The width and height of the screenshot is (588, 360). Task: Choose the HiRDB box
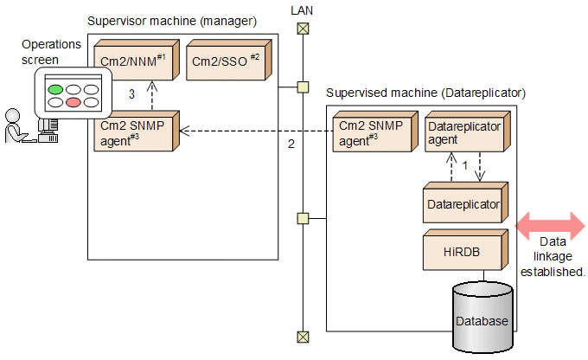pos(463,252)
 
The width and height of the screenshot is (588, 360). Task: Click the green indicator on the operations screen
pos(56,88)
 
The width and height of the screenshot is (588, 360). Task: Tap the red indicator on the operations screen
pos(73,102)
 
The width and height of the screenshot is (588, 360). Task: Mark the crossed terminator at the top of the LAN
pos(302,27)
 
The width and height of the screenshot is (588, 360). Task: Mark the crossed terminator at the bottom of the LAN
pos(302,337)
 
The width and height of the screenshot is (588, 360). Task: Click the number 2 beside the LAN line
pos(291,144)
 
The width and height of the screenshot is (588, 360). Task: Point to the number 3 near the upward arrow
pos(131,93)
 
